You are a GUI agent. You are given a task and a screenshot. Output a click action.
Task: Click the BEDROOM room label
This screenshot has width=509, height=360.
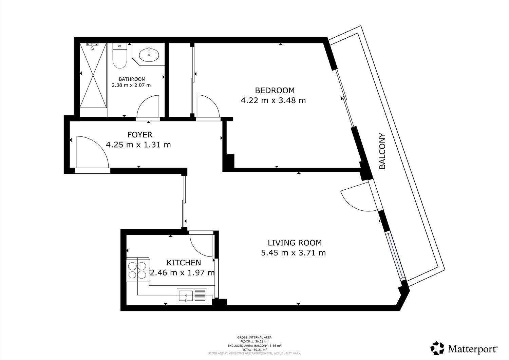(x=275, y=91)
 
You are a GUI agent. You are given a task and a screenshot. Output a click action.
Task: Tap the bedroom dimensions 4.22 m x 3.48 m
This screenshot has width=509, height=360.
(x=274, y=100)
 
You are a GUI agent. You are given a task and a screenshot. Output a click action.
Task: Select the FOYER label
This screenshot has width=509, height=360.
(x=140, y=135)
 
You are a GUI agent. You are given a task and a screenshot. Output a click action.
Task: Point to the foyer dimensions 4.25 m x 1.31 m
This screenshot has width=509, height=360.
(x=138, y=145)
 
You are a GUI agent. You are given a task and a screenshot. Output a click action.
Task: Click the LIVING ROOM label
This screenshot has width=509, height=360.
(x=295, y=243)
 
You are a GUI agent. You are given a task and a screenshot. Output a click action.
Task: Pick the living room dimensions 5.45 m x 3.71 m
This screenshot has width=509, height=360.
(x=294, y=253)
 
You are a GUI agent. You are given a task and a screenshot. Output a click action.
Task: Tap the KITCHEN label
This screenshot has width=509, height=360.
(x=184, y=263)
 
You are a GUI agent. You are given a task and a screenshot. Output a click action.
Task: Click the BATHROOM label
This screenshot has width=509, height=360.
(x=132, y=79)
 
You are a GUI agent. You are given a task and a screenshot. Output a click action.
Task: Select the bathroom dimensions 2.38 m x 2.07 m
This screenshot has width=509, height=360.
(x=131, y=85)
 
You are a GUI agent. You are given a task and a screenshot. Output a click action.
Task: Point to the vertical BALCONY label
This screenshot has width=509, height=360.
(x=382, y=151)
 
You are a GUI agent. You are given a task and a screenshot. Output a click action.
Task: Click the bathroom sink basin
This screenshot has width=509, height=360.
(x=149, y=55)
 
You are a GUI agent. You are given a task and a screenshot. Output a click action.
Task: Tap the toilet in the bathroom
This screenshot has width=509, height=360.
(x=119, y=56)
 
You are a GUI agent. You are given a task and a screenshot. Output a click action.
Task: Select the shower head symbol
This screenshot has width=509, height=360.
(x=92, y=46)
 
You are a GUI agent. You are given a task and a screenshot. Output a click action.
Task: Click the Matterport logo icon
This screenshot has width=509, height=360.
(x=437, y=348)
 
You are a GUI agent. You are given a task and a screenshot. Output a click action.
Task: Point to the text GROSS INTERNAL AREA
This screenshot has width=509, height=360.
(x=254, y=338)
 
